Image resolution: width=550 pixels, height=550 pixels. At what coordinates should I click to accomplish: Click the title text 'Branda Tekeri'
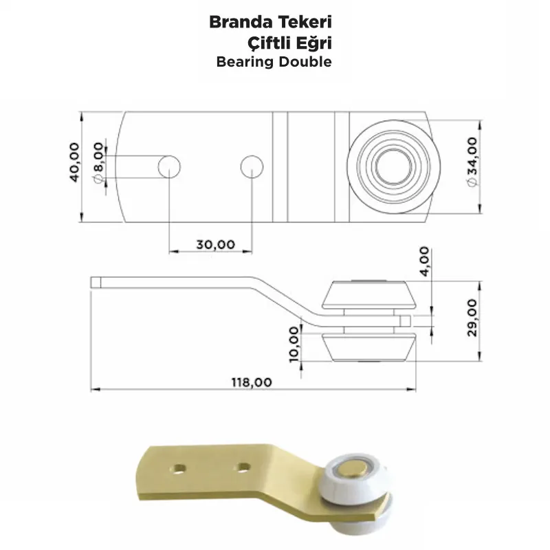(x=270, y=23)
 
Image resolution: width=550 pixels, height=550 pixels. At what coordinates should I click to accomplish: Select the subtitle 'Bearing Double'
(x=274, y=62)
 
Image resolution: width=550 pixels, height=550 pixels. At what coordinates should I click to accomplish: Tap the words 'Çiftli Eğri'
(x=289, y=43)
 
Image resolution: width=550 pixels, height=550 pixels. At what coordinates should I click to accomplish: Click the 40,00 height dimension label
(x=74, y=162)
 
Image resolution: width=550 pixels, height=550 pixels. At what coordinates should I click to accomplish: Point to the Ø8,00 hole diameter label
(x=99, y=162)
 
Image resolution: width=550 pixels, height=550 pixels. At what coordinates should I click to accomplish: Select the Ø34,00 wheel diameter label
(x=472, y=162)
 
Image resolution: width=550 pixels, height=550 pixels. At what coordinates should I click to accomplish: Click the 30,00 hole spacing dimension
(x=215, y=244)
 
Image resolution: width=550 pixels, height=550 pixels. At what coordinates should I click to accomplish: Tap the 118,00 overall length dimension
(x=252, y=382)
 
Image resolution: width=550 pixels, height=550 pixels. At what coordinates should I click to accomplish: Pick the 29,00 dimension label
(x=472, y=318)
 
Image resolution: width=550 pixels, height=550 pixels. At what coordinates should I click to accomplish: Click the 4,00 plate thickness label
(x=424, y=261)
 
